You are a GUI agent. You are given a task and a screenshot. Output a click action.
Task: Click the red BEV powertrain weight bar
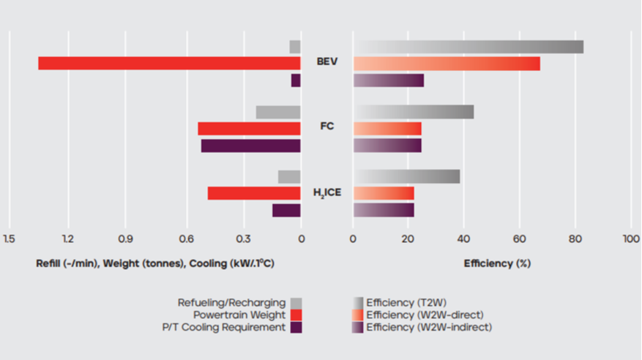pos(169,64)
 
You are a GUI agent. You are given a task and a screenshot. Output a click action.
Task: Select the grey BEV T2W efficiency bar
pos(469,47)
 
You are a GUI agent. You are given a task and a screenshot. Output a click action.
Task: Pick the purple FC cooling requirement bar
pos(250,146)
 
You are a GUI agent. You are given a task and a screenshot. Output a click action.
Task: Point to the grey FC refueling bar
pos(278,112)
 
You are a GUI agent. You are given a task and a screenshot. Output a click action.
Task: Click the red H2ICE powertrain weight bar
pos(254,193)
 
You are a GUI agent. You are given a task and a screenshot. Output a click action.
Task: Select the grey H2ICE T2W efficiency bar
pos(406,176)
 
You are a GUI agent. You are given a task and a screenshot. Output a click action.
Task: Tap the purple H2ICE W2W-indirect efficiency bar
pos(384,210)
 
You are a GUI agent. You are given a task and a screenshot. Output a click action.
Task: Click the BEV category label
pos(327,61)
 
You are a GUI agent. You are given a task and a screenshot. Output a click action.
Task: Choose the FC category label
pos(327,126)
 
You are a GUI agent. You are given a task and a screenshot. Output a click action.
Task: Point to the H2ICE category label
pos(327,193)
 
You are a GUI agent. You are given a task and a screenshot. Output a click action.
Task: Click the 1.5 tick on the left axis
pos(9,239)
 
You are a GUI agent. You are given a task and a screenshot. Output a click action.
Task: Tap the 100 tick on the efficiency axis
pos(630,239)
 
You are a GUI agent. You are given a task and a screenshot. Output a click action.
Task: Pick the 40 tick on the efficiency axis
pos(464,239)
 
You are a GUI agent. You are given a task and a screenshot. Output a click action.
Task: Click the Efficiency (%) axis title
pos(497,263)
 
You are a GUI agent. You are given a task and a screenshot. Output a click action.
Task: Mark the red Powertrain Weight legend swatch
pos(296,315)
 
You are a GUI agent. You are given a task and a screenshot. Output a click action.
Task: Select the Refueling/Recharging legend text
pos(231,302)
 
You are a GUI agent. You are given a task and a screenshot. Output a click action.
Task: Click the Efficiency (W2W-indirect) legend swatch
pos(357,328)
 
